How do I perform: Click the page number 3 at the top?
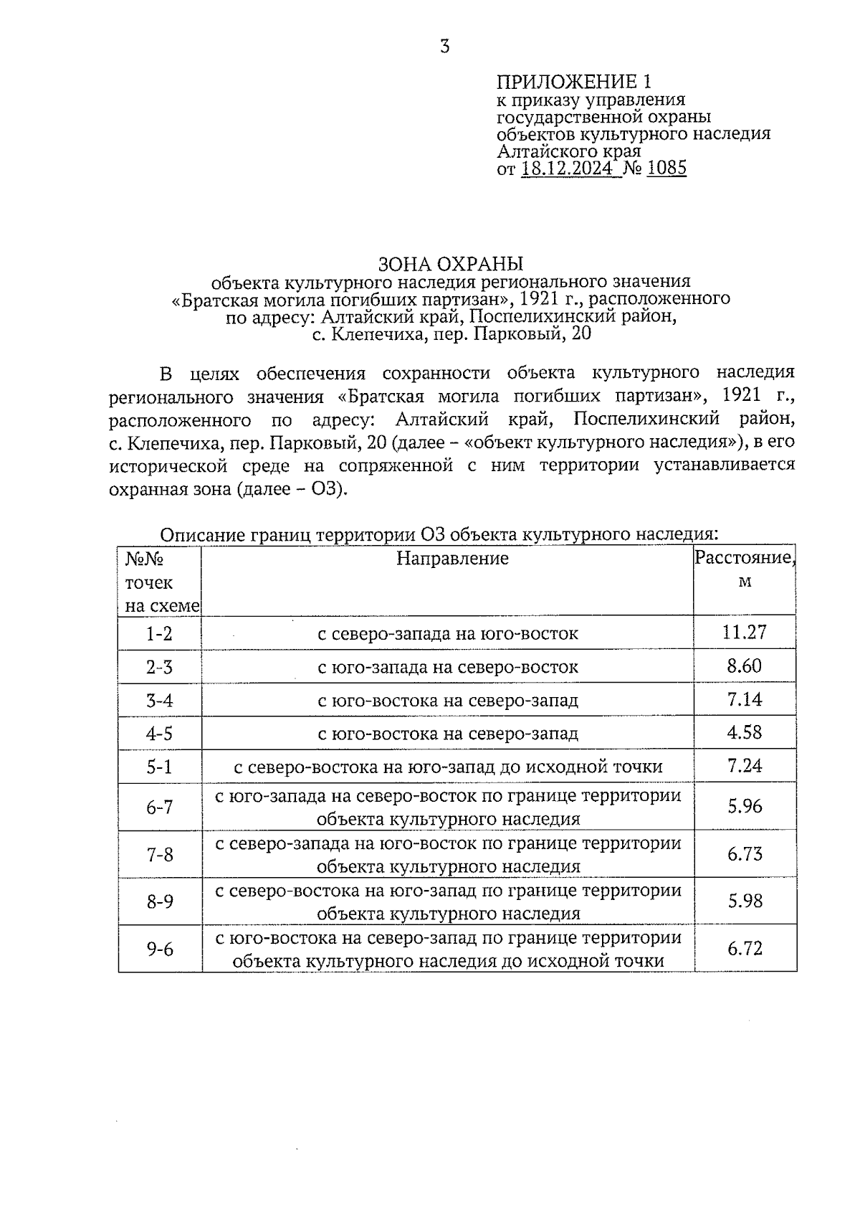[445, 47]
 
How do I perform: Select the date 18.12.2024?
[568, 169]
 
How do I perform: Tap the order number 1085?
[666, 169]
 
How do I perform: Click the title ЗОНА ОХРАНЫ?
[451, 263]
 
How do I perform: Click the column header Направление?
[452, 559]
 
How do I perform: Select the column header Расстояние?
[744, 559]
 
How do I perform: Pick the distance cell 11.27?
[745, 632]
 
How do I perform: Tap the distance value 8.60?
[745, 666]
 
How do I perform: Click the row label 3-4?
[160, 701]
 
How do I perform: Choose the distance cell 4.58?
[745, 732]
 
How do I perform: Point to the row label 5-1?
[160, 767]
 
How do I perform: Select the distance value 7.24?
[745, 765]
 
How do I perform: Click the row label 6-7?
[160, 808]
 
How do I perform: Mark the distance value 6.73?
[745, 853]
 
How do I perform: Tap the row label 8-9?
[160, 901]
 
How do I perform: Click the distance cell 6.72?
[745, 948]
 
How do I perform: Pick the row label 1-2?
[160, 634]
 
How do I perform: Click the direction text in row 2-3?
[448, 668]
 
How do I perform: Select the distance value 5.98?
[745, 901]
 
